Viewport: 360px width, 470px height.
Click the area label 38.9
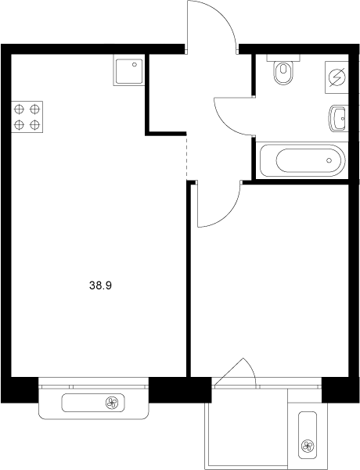tap(101, 286)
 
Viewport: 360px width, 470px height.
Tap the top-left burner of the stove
tap(19, 109)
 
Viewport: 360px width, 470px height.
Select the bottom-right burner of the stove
tap(35, 124)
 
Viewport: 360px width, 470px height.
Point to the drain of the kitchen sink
tap(135, 66)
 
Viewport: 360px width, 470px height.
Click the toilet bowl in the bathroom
tap(283, 75)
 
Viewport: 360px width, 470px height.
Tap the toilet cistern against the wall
tap(280, 59)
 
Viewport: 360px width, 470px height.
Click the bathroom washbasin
tap(338, 119)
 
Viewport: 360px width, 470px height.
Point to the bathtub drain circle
tap(330, 162)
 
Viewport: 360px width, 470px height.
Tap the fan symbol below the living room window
tap(112, 404)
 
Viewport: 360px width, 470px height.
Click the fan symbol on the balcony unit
tap(307, 447)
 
